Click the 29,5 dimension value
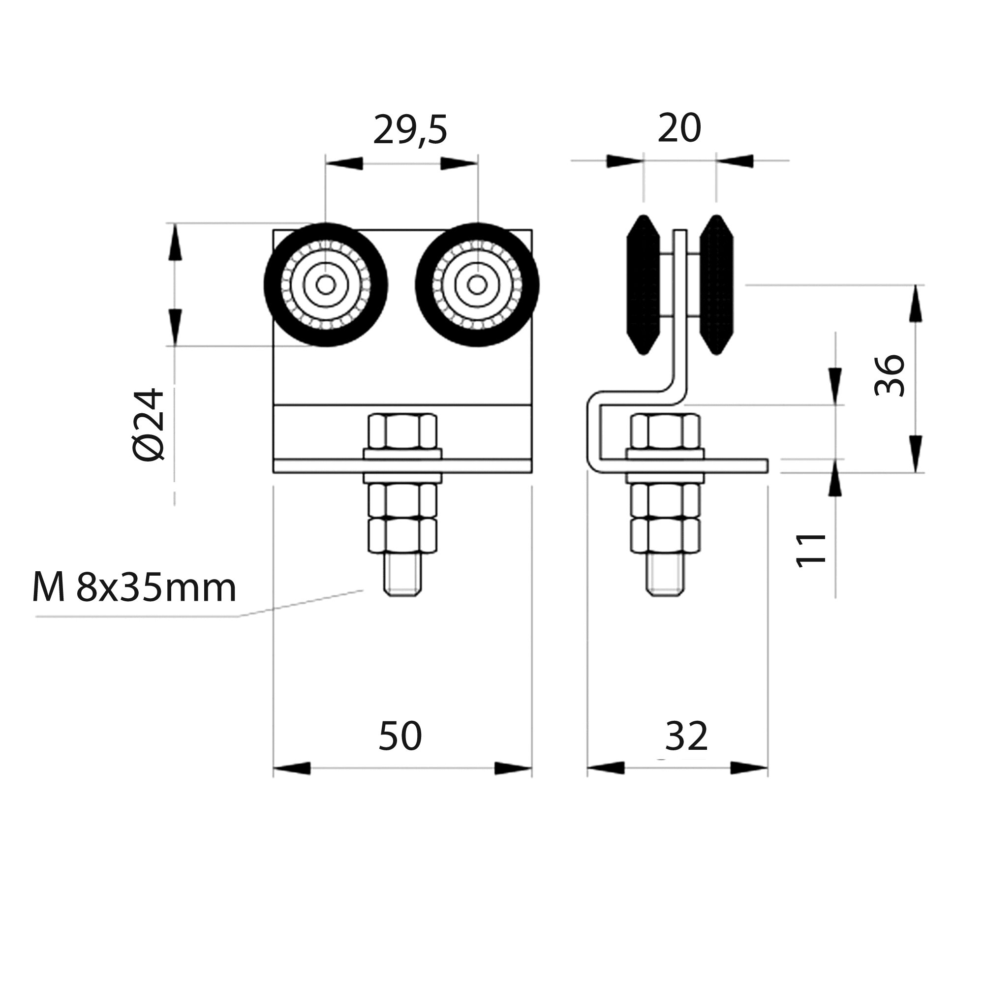[410, 131]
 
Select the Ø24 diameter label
[148, 425]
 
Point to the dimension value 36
[889, 375]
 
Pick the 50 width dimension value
[400, 736]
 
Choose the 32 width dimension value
[686, 736]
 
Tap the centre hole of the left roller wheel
[326, 285]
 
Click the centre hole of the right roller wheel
[477, 285]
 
